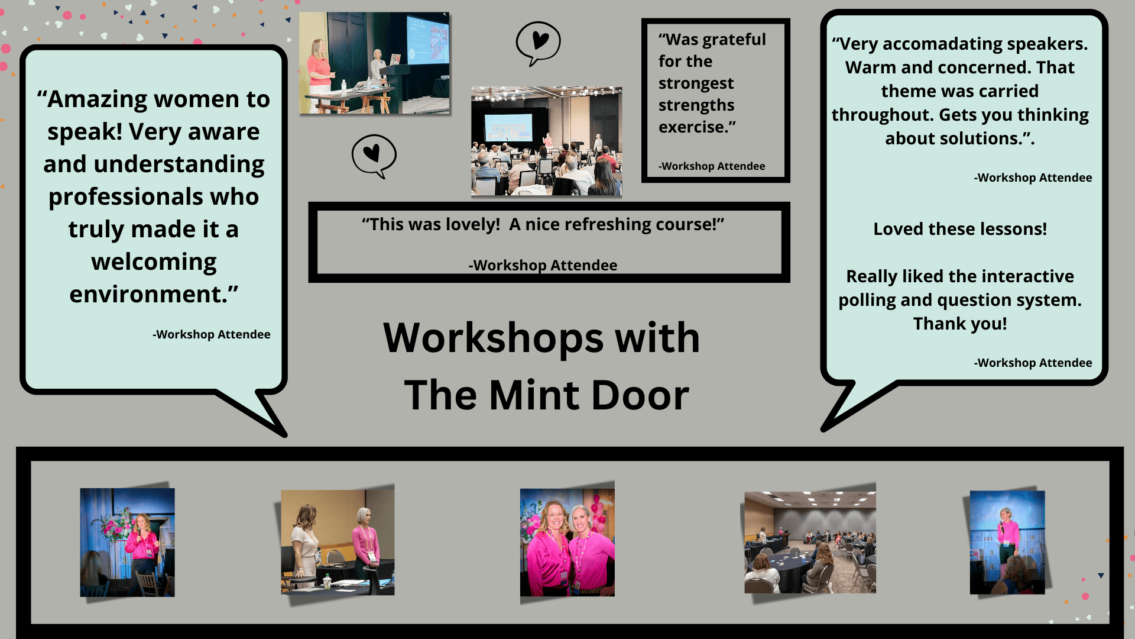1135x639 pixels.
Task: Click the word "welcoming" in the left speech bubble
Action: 154,262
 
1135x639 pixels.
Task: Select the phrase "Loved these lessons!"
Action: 960,229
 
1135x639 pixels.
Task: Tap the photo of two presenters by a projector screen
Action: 374,63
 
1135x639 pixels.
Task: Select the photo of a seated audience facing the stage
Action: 546,141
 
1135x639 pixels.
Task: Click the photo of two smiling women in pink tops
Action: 567,542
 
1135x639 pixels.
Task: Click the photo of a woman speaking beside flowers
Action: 127,542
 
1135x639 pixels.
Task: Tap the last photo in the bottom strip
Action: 1007,542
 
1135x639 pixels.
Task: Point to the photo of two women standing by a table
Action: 338,542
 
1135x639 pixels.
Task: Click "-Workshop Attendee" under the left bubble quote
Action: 212,334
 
